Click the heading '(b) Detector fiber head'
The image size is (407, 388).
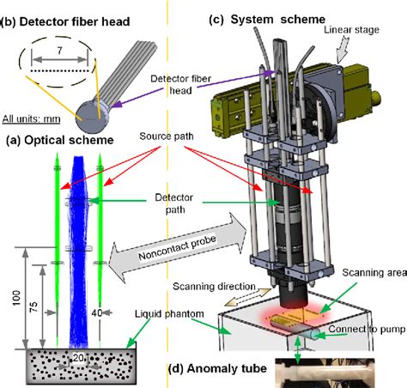point(65,21)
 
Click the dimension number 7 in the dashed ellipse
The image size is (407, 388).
point(59,51)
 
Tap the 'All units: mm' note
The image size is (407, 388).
point(31,119)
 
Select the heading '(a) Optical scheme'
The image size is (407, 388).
point(60,140)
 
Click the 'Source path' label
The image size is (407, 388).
point(167,136)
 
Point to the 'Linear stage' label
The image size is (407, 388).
point(351,30)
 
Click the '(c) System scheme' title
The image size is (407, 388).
point(267,20)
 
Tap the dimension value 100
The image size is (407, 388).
point(16,298)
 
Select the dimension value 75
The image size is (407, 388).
point(33,306)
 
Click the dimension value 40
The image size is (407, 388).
point(97,312)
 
